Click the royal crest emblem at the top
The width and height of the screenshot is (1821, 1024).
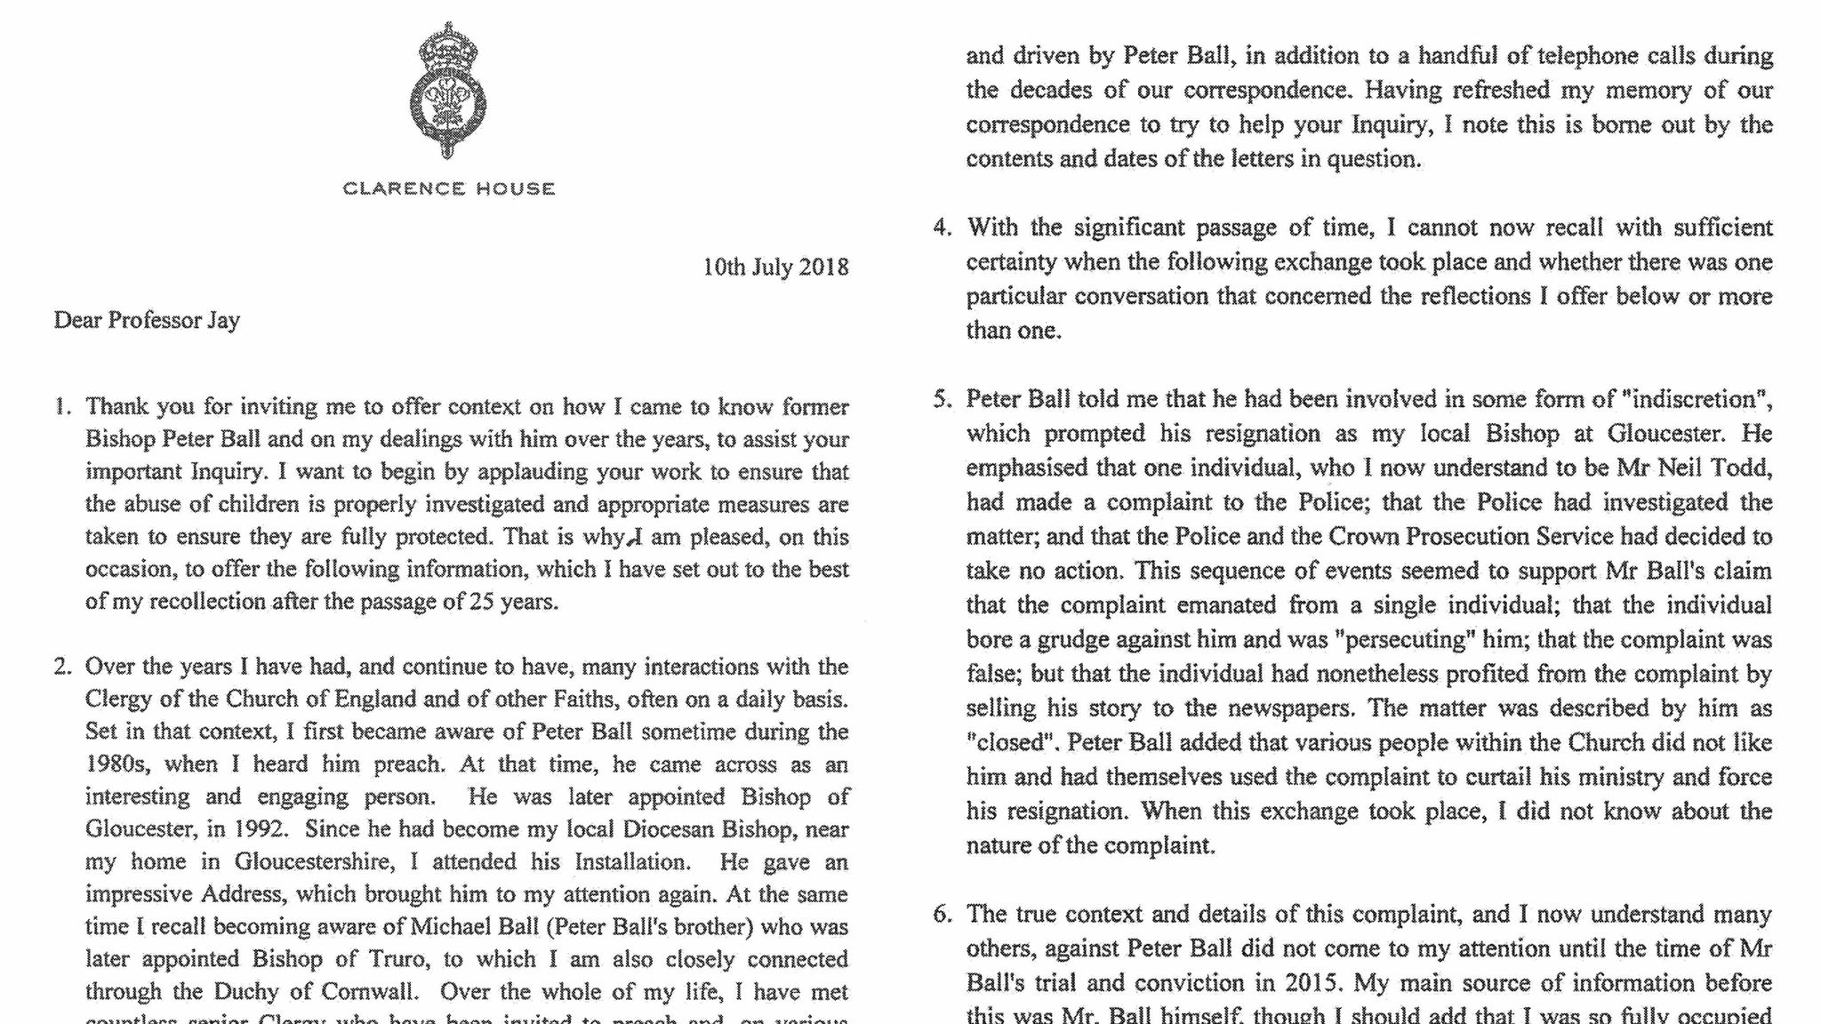click(x=448, y=91)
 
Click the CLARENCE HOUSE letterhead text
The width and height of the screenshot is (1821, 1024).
click(x=449, y=188)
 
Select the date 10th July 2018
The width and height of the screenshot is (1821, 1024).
click(x=775, y=267)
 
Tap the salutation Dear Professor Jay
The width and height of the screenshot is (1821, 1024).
click(x=147, y=320)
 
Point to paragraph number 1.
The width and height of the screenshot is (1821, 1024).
click(x=61, y=407)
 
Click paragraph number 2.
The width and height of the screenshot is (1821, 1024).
click(x=61, y=667)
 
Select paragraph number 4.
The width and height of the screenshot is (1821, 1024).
click(x=942, y=228)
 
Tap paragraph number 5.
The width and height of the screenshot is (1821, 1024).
click(x=942, y=399)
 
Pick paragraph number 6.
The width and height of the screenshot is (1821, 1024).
click(x=942, y=914)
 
